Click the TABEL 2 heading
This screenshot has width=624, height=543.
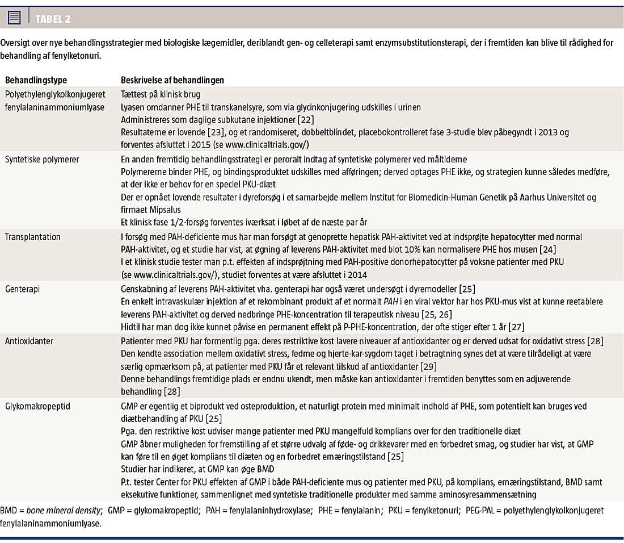[53, 19]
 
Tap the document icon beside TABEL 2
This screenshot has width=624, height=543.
[15, 18]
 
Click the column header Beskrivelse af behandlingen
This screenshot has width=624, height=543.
[172, 80]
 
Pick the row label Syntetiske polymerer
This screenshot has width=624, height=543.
[43, 160]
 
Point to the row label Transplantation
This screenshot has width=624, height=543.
[33, 236]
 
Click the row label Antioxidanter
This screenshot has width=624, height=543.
[30, 341]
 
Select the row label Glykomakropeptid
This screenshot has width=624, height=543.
[38, 407]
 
